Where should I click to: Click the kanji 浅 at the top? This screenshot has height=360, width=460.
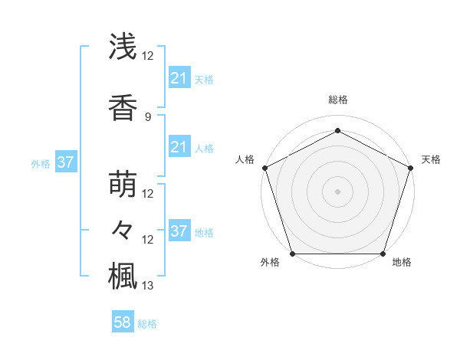point(123,47)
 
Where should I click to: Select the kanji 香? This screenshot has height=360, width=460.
point(123,109)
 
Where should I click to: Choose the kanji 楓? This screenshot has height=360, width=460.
point(123,275)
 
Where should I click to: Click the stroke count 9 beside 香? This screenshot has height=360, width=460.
point(148,117)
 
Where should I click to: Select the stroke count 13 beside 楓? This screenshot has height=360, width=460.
point(148,286)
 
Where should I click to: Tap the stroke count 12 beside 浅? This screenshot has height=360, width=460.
point(148,55)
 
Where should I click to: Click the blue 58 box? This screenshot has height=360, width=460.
point(123,322)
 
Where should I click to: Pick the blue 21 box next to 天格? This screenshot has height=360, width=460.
point(179,78)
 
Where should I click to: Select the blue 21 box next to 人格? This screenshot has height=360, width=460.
point(179,147)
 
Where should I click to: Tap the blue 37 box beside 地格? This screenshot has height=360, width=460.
point(179,231)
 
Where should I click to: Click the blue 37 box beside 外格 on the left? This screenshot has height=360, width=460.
point(65,162)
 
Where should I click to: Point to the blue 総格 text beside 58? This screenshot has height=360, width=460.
point(147,324)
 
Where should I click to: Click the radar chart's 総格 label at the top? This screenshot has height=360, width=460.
point(337,100)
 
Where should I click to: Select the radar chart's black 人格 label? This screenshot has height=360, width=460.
point(245,159)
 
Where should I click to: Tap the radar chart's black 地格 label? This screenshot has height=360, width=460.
point(402,263)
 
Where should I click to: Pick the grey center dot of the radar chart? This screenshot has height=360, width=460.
point(337,191)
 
